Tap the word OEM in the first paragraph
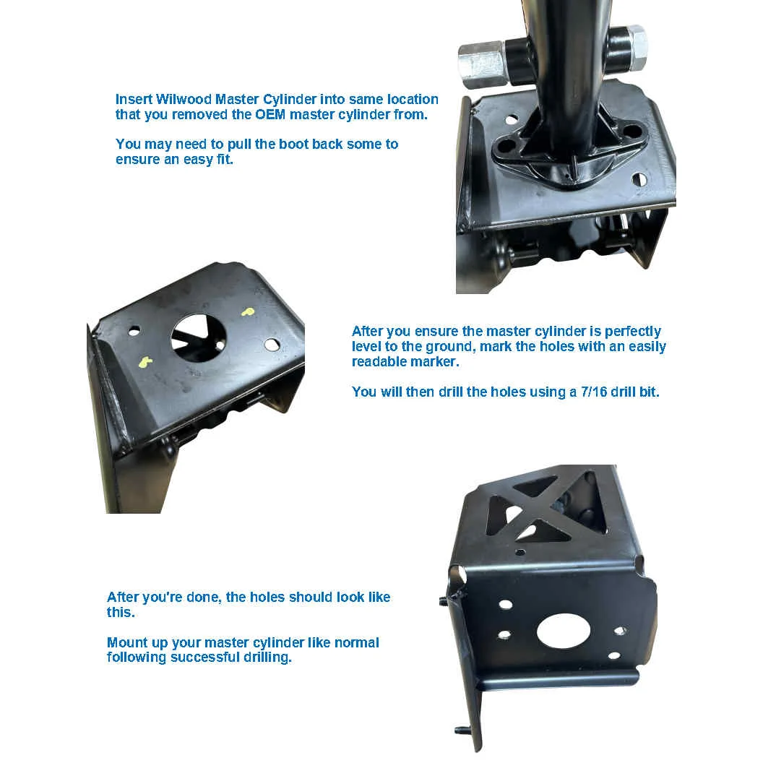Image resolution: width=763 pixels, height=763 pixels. point(270,114)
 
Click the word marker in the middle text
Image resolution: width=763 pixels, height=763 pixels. point(436,361)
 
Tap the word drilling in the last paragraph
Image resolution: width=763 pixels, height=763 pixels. point(267,658)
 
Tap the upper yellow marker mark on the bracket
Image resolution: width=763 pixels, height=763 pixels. point(248,311)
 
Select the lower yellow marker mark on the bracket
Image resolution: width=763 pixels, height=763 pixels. point(145,361)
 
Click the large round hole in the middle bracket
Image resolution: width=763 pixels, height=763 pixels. point(199,337)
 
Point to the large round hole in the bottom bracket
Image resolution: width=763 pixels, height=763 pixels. point(564,631)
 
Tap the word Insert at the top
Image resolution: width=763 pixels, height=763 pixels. point(134,99)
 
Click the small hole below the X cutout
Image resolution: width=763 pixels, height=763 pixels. point(520,552)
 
